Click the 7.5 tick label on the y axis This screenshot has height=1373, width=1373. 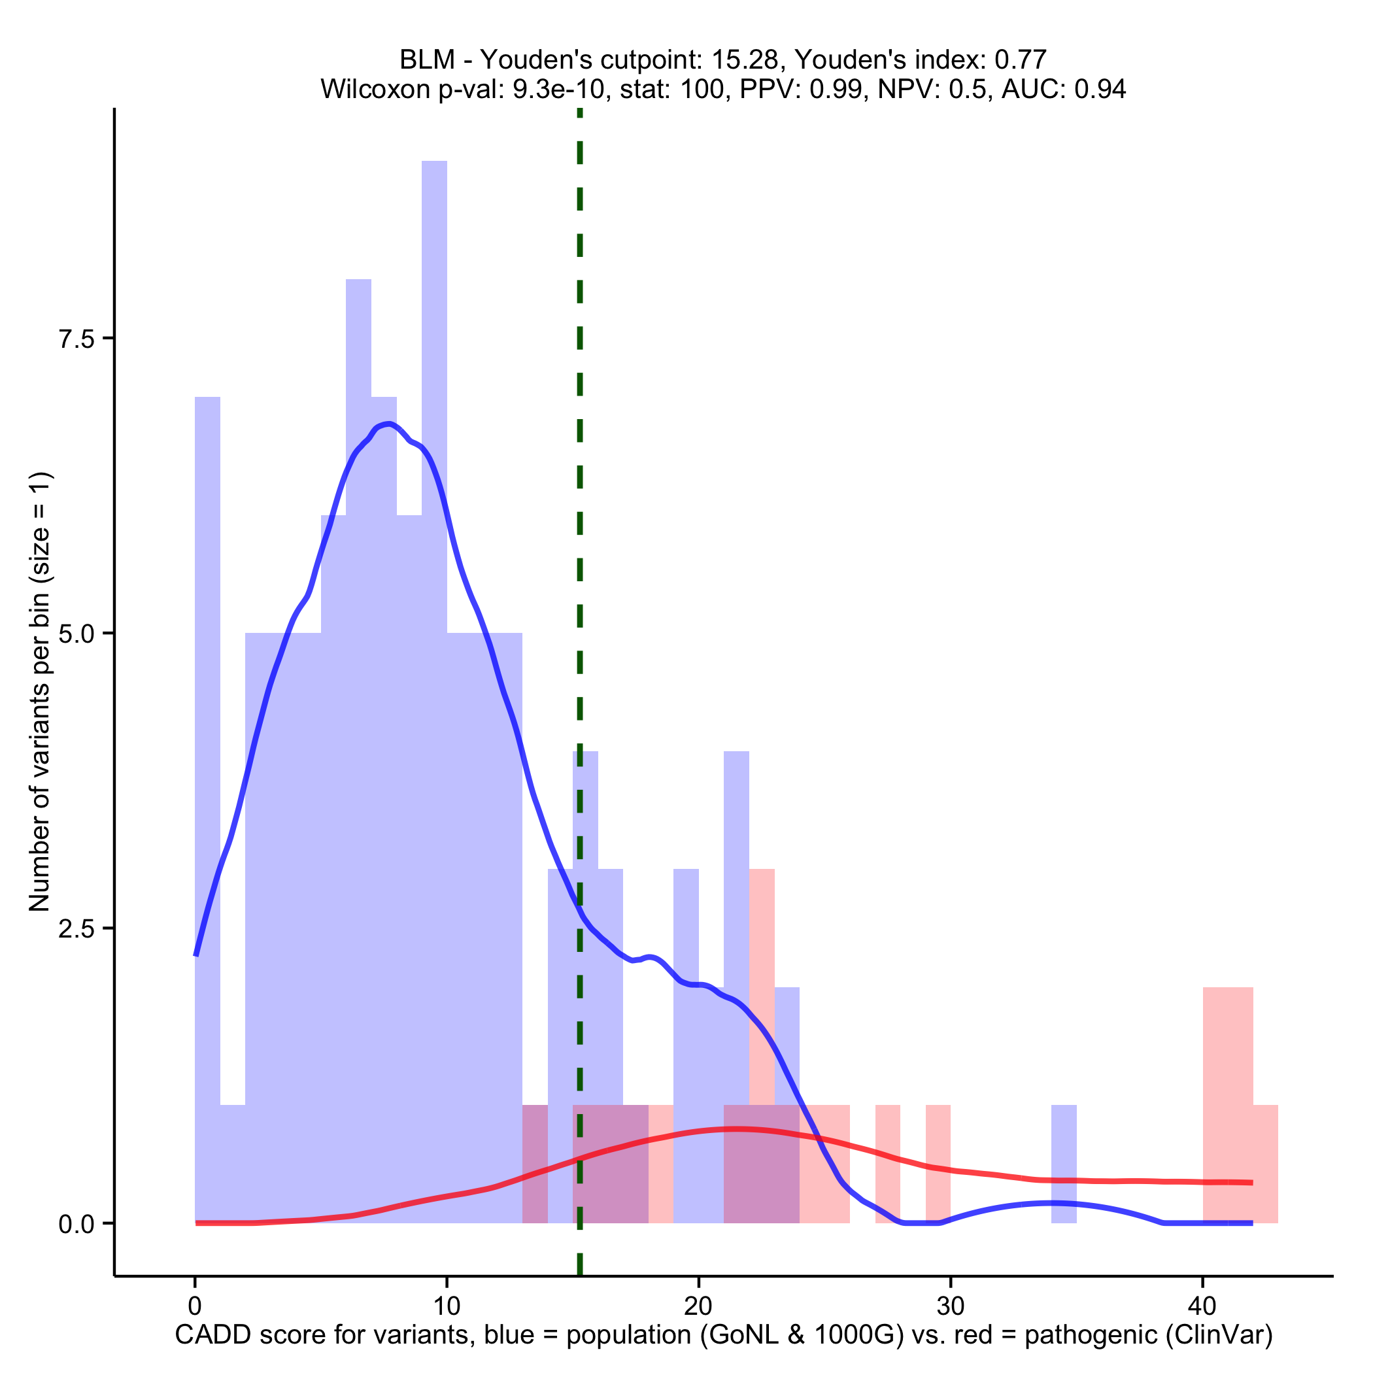pos(76,339)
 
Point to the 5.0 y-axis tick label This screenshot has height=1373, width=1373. pos(76,634)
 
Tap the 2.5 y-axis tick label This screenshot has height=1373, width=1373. pos(76,929)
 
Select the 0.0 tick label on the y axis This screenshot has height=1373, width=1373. pos(76,1224)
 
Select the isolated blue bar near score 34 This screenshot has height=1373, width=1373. pos(1064,1166)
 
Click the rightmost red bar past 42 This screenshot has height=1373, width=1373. pos(1266,1166)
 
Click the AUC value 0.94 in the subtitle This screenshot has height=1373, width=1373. pos(1100,90)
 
